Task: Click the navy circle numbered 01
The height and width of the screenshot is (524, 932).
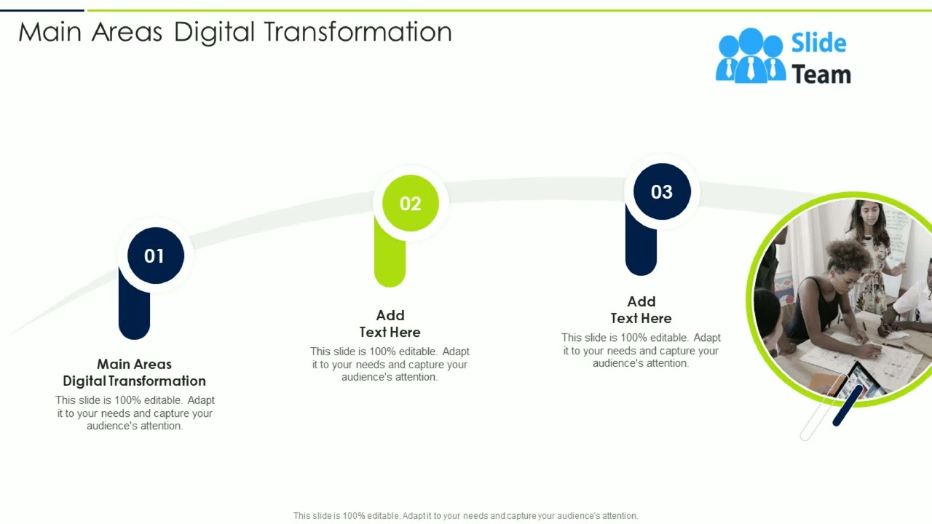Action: click(x=155, y=255)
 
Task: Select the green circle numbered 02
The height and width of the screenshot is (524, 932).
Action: click(x=411, y=203)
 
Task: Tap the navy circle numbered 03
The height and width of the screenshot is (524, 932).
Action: click(x=661, y=191)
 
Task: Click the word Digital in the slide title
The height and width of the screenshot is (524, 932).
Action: click(x=214, y=32)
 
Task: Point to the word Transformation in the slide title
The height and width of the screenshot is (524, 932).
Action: click(x=358, y=32)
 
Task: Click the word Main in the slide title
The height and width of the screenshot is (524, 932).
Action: click(x=50, y=32)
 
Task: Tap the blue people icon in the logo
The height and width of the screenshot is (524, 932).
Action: click(x=750, y=56)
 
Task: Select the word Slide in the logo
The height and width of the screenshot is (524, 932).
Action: click(x=818, y=43)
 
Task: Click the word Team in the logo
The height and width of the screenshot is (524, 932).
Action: click(x=821, y=74)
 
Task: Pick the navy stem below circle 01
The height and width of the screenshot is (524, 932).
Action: click(x=134, y=313)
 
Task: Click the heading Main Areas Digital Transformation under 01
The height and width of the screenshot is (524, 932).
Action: click(x=134, y=372)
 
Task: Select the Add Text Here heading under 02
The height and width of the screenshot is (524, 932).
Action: click(x=390, y=323)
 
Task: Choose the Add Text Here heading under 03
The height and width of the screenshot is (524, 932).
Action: click(x=641, y=309)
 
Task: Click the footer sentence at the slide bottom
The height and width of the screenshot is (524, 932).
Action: click(x=465, y=515)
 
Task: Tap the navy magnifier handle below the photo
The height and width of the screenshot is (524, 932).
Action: click(x=848, y=406)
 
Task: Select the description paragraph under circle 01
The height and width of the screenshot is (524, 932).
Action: click(x=135, y=413)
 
